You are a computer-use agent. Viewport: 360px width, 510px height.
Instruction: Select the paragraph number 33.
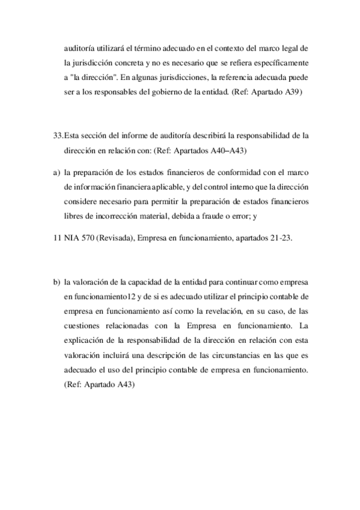[x=58, y=136]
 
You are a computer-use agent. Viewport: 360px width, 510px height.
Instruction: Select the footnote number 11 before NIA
[x=57, y=238]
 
